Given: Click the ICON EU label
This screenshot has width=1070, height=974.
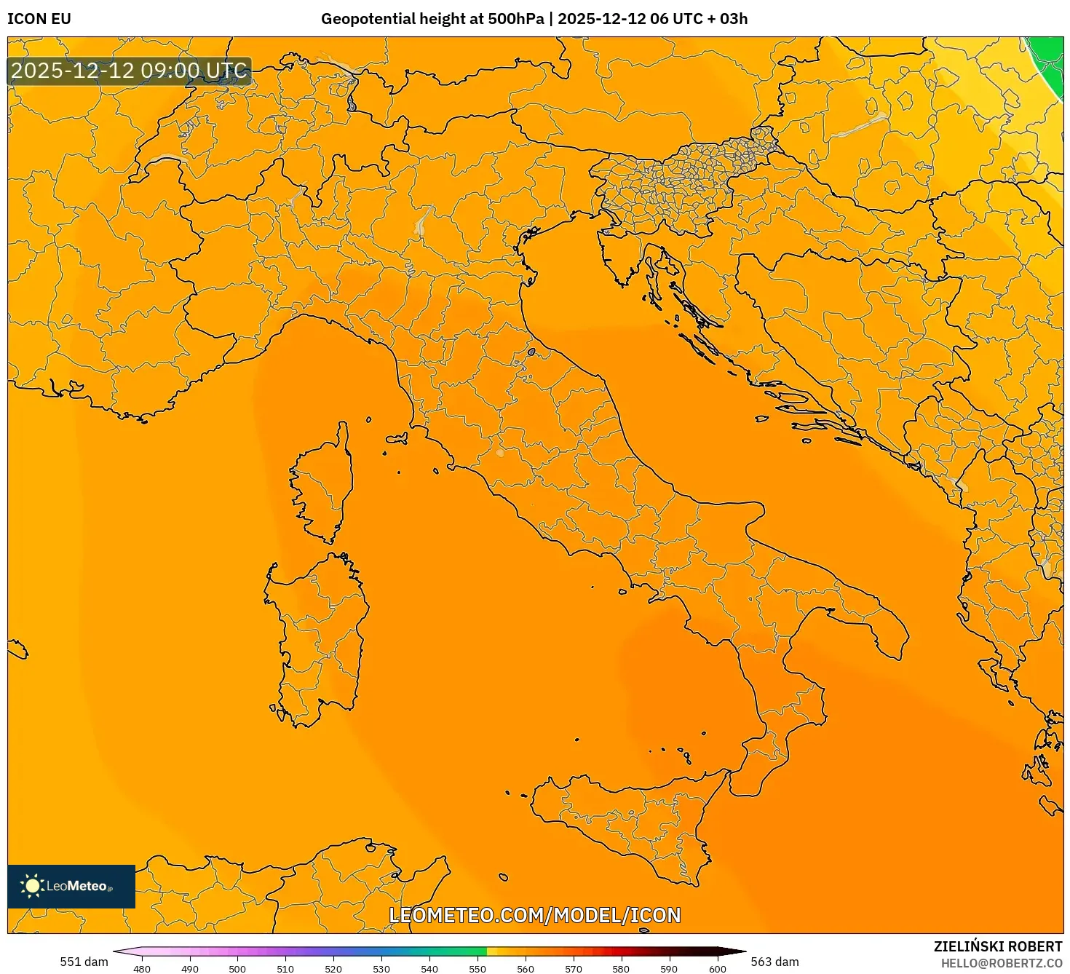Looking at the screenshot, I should [x=39, y=19].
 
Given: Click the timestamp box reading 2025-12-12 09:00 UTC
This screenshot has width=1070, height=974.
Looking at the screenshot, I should [x=130, y=71].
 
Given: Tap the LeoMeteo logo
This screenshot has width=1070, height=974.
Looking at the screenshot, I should [x=71, y=886].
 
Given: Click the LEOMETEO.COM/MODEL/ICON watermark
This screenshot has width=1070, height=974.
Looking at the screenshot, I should [x=535, y=916].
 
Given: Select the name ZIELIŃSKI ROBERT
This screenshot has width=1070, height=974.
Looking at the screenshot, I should [x=998, y=946].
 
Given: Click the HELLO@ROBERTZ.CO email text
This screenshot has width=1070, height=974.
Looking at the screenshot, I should [x=1002, y=963].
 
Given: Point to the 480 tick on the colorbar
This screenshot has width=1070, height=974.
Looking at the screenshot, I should [x=142, y=968].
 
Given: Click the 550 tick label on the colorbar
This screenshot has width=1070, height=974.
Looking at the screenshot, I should [x=477, y=968].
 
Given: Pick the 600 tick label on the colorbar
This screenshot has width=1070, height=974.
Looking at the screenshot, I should [x=718, y=968].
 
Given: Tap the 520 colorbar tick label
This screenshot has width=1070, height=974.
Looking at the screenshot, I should [x=333, y=968].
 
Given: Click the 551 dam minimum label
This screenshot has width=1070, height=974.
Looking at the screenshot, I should [x=84, y=962].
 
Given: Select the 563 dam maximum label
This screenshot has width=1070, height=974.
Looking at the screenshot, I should [x=774, y=962].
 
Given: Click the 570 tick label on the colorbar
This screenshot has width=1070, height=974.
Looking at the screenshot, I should [x=574, y=968].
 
